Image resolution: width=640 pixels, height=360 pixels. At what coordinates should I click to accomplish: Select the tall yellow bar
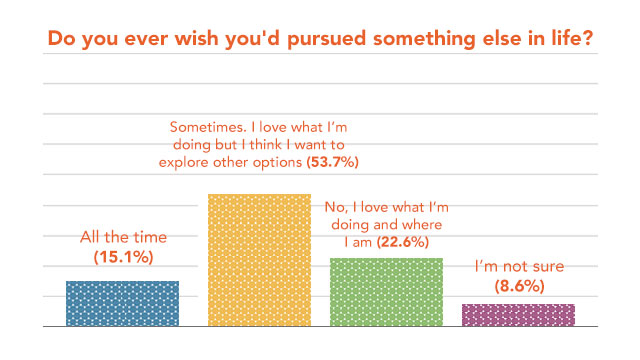coord(259,260)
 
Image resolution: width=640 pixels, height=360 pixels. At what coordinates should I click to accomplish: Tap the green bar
coord(386,292)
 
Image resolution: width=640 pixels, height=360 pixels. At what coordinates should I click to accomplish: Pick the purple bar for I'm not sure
coord(518,315)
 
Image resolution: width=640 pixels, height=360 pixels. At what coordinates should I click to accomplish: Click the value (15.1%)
coord(123,257)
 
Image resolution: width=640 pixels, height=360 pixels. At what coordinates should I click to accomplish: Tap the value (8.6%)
coord(518,285)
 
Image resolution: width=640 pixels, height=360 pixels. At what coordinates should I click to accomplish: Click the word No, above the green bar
coord(338,207)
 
